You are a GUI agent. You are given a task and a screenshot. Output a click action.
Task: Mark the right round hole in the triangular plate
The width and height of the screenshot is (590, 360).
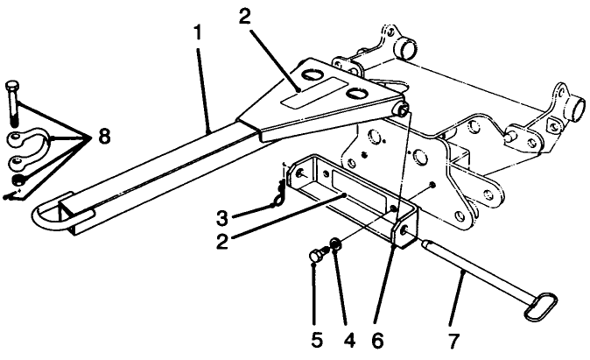pyautogui.click(x=355, y=93)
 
